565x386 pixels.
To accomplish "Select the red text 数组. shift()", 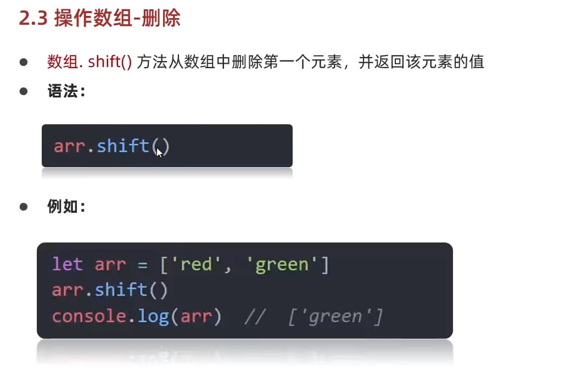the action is pos(89,62).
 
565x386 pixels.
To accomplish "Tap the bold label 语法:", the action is pos(66,91).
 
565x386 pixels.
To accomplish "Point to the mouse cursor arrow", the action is pos(159,152).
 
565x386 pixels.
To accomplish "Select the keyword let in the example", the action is pos(67,264).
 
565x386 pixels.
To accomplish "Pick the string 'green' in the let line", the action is pos(282,264).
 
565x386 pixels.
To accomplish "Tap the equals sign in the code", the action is pos(142,264).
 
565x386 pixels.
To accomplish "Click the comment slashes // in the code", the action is pos(255,317).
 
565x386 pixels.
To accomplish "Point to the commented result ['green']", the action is pos(335,317).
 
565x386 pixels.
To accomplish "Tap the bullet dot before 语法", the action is pos(24,91).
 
